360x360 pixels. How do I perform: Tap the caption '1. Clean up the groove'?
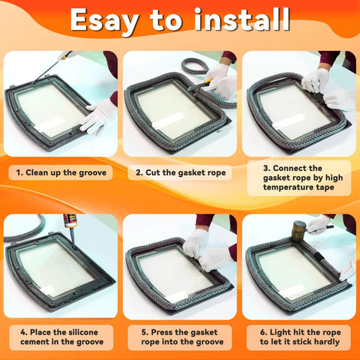61,172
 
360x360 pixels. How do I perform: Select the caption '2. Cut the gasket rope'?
179,172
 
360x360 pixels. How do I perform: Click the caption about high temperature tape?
298,179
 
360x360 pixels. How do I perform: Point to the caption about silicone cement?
61,337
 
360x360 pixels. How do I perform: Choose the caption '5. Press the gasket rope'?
179,337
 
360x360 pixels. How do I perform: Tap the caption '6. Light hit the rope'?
298,337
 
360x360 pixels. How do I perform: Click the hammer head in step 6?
298,229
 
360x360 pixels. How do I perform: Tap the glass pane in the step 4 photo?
55,267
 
